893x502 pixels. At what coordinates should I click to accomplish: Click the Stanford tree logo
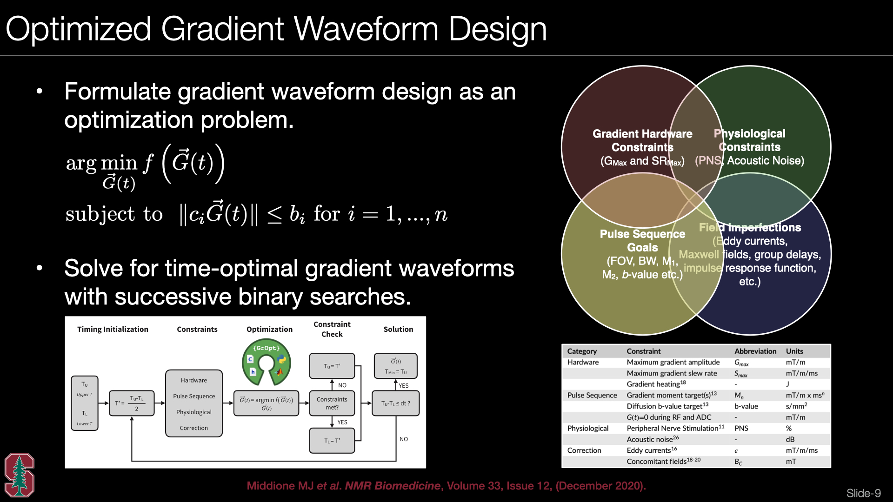pos(20,475)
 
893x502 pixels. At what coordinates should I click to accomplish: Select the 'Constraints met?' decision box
pos(332,403)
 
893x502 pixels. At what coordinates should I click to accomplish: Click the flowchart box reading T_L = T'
pos(332,440)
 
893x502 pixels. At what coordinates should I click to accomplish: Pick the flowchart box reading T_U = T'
pos(332,366)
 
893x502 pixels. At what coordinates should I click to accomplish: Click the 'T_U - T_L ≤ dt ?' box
pos(395,403)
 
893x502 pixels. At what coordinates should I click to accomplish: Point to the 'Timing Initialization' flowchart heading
pos(113,329)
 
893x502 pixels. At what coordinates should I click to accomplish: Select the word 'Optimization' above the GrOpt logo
pos(269,329)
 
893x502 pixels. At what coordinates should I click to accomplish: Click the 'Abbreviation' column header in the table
pos(755,351)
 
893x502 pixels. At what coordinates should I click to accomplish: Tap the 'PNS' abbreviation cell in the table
pos(741,428)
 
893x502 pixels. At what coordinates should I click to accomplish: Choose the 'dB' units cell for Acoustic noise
pos(790,439)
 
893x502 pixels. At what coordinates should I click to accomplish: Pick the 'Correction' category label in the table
pos(584,450)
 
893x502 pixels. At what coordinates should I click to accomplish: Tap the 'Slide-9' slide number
pos(863,493)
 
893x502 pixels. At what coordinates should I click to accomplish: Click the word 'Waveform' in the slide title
pos(366,29)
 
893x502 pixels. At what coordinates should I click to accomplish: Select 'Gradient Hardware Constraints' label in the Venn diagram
pos(642,140)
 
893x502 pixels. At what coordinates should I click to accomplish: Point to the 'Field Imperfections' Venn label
pos(750,227)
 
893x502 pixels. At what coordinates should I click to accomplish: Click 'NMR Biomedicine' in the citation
pos(393,486)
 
